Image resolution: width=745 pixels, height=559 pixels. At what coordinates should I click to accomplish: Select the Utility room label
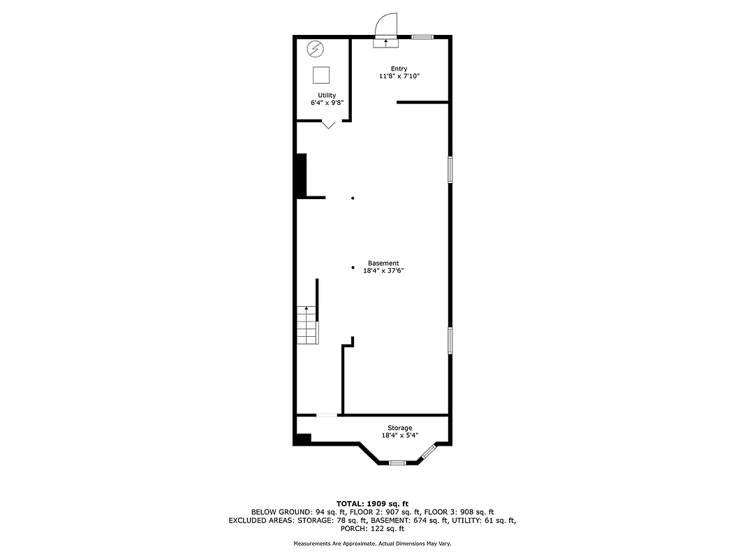(327, 96)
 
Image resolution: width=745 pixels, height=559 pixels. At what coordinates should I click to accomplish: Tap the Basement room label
(383, 263)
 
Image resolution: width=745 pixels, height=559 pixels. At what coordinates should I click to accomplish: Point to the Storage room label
(400, 428)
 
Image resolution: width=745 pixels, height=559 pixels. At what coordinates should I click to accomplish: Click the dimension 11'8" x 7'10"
(399, 75)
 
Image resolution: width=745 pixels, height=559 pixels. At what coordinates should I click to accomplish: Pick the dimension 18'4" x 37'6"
(383, 270)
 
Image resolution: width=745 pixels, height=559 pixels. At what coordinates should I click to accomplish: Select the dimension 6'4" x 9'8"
(327, 103)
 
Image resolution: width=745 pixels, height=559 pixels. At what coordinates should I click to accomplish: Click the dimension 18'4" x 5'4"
(400, 435)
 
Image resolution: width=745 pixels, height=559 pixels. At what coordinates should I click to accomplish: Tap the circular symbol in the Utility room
(316, 50)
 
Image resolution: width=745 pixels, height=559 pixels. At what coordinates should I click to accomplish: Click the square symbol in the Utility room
(321, 75)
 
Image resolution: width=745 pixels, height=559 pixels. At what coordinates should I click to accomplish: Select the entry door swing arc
(386, 26)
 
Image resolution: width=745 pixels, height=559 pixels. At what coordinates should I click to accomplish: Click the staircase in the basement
(308, 325)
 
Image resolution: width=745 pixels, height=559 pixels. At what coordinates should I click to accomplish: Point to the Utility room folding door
(328, 124)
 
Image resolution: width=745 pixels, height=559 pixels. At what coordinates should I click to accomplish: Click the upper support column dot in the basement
(353, 198)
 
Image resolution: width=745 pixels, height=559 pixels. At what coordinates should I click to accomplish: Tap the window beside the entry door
(422, 36)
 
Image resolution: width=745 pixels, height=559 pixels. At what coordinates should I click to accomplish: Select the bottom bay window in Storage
(397, 462)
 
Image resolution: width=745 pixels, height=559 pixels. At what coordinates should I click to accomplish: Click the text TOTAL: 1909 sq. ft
(372, 503)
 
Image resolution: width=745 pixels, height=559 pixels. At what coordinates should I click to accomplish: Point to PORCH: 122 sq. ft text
(372, 529)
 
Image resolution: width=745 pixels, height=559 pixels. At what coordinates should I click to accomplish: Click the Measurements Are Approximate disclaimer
(372, 544)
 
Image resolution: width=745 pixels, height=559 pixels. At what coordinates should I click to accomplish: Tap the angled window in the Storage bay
(428, 452)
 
